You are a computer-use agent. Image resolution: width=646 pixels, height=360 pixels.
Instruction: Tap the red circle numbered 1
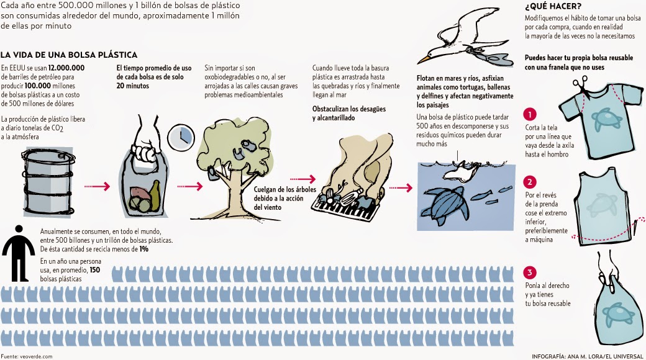click(x=530, y=114)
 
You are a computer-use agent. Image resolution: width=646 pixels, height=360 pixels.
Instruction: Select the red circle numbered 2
click(x=530, y=182)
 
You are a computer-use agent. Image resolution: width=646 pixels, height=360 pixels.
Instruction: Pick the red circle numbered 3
click(x=530, y=272)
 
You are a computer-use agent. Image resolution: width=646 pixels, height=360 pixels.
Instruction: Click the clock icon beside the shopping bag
click(x=181, y=137)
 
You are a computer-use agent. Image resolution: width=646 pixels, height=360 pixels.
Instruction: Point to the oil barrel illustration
click(x=48, y=182)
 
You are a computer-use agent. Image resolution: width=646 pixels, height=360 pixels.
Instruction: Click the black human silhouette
click(x=19, y=253)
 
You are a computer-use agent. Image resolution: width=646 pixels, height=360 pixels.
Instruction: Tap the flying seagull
click(x=465, y=38)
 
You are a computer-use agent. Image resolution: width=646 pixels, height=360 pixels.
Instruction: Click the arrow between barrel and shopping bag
click(x=98, y=187)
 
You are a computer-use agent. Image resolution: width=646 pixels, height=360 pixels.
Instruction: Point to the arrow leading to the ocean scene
click(x=401, y=188)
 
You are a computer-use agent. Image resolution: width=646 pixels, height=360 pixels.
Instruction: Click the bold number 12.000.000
click(x=66, y=68)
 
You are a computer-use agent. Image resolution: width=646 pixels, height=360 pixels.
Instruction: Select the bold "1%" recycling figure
click(x=143, y=249)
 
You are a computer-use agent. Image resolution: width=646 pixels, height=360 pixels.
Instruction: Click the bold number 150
click(x=95, y=270)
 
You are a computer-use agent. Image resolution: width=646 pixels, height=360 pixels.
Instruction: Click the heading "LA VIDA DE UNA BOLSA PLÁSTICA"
click(x=69, y=55)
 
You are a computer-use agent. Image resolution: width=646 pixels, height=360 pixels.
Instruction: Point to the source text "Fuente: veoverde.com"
click(x=26, y=356)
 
